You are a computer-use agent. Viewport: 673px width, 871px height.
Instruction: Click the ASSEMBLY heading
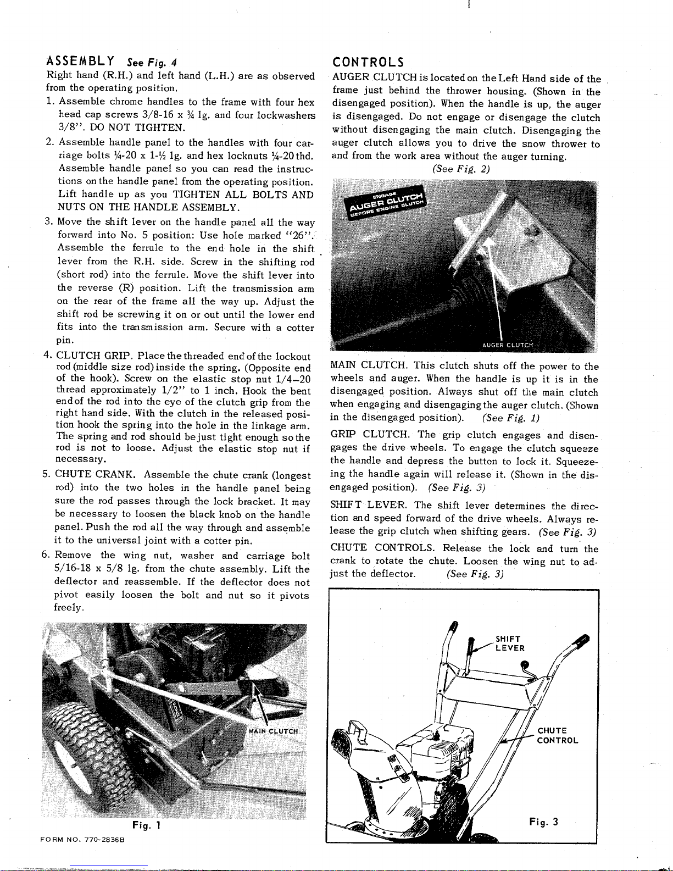click(x=80, y=60)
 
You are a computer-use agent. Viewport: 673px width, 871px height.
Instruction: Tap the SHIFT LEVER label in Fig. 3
click(x=510, y=643)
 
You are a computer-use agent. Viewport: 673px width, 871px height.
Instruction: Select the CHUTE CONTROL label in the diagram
click(x=557, y=735)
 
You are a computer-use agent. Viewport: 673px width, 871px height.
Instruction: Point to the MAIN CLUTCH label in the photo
click(x=273, y=731)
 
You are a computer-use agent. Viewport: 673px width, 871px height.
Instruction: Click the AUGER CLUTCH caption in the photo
click(x=507, y=345)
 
